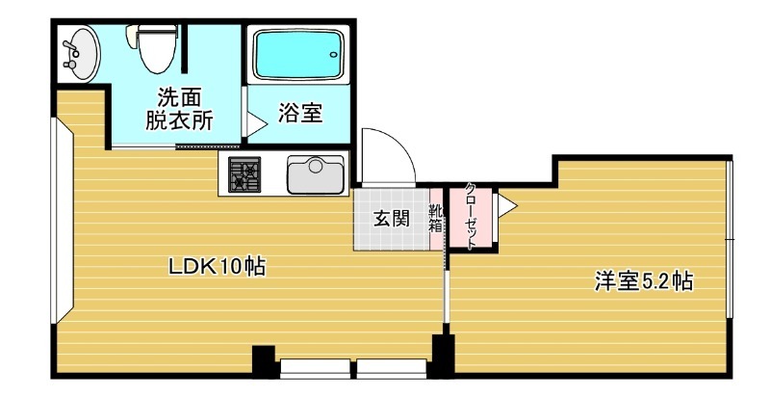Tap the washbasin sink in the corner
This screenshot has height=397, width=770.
pyautogui.click(x=81, y=53)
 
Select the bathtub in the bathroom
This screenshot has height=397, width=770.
pyautogui.click(x=298, y=54)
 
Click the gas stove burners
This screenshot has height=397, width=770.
pyautogui.click(x=244, y=174)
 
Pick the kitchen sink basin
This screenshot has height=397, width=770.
pyautogui.click(x=316, y=174)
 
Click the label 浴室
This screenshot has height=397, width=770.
pyautogui.click(x=300, y=113)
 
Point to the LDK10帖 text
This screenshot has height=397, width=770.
pyautogui.click(x=218, y=267)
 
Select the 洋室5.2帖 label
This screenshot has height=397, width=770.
pyautogui.click(x=644, y=281)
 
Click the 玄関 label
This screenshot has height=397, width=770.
pyautogui.click(x=392, y=218)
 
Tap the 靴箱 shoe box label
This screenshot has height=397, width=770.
pyautogui.click(x=436, y=218)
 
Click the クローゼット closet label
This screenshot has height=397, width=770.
pyautogui.click(x=471, y=216)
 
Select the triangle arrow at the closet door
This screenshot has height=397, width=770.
pyautogui.click(x=508, y=205)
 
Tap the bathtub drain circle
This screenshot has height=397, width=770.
pyautogui.click(x=334, y=55)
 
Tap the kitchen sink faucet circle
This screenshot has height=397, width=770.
pyautogui.click(x=316, y=166)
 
